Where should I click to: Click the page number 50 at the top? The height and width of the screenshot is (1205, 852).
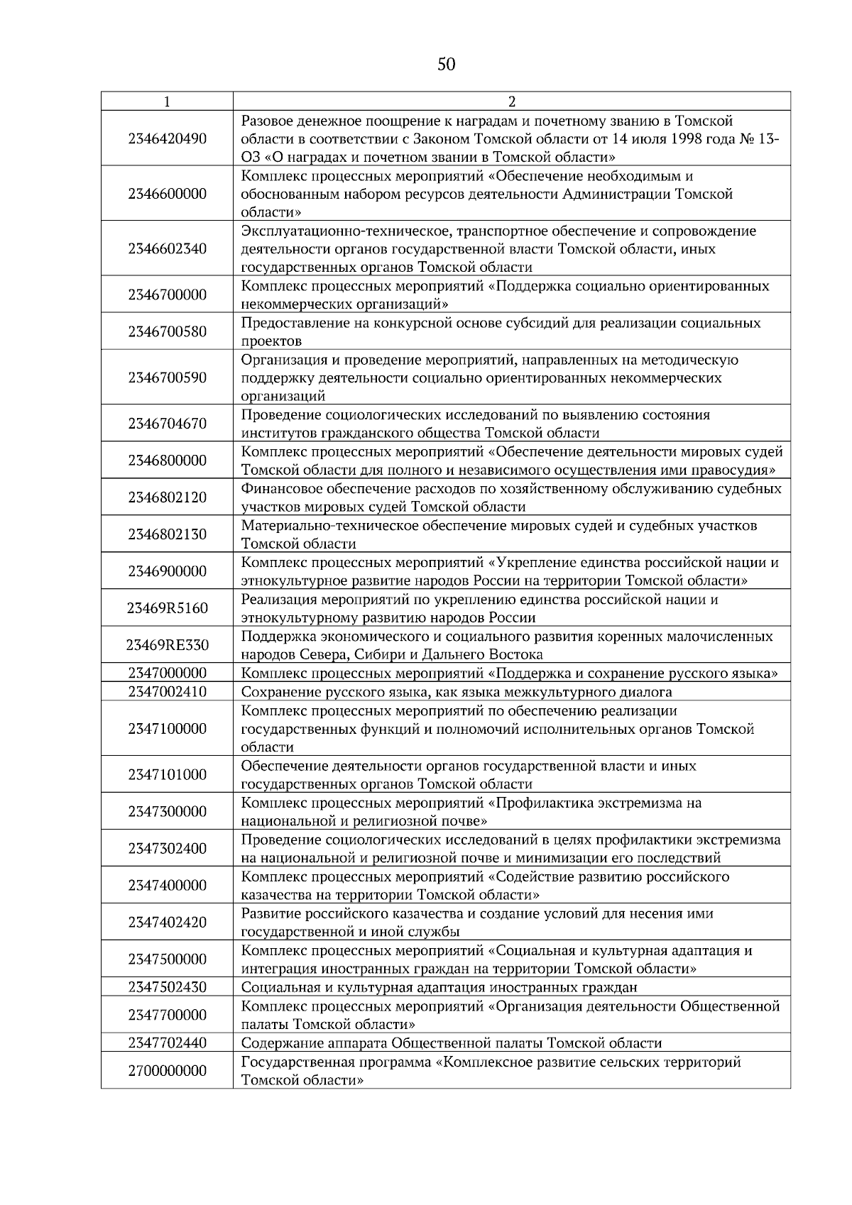[x=446, y=65]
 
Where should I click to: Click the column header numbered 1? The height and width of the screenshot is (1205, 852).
[x=167, y=101]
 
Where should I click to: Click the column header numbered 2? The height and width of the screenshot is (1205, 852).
[x=511, y=101]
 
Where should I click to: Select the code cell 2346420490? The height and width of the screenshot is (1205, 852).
[x=167, y=138]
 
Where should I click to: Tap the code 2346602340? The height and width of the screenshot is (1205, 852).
[x=167, y=248]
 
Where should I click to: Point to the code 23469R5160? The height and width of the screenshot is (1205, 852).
[x=167, y=608]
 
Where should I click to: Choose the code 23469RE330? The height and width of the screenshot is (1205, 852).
[x=167, y=645]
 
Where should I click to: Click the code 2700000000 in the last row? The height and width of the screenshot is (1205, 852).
[x=167, y=1070]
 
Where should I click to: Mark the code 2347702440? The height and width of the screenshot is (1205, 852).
[x=167, y=1042]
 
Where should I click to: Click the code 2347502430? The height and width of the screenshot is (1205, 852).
[x=167, y=987]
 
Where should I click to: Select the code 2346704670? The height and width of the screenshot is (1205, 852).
[x=167, y=424]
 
